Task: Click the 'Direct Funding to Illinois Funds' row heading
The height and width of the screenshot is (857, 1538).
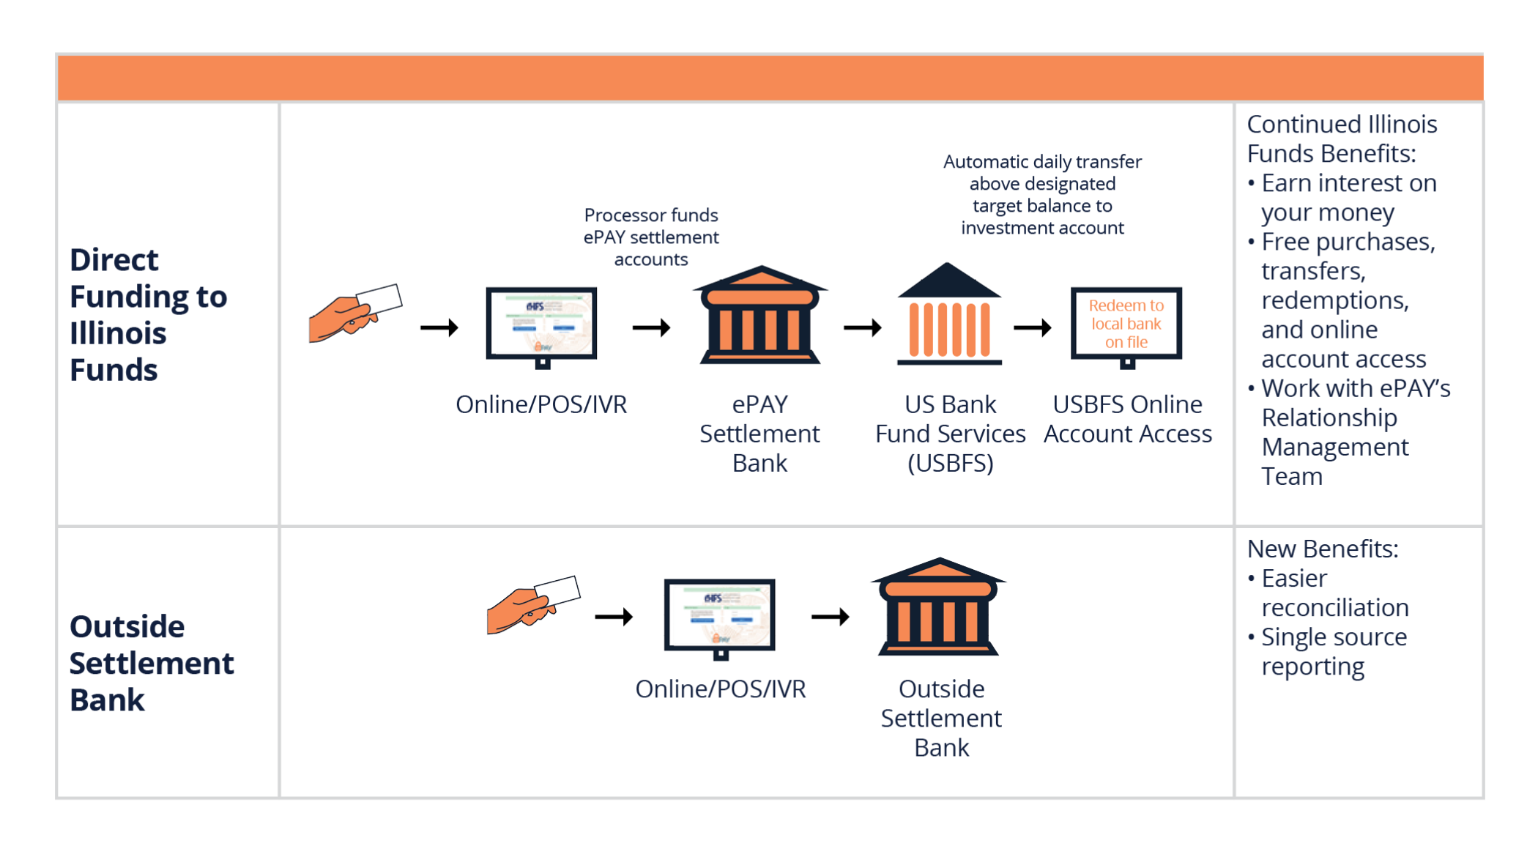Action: tap(149, 314)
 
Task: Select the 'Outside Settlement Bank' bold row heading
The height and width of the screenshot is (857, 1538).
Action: tap(152, 663)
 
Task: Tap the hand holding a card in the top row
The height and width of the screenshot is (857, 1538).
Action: tap(354, 314)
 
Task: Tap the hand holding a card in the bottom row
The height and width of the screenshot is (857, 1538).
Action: tap(532, 605)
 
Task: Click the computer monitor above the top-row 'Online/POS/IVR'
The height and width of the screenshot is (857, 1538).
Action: tap(541, 326)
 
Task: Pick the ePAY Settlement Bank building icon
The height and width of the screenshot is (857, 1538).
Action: tap(759, 316)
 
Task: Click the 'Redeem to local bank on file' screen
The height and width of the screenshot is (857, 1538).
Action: tap(1126, 324)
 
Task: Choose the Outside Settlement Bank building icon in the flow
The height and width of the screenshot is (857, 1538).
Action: tap(939, 608)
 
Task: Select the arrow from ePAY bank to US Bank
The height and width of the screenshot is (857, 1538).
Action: tap(862, 327)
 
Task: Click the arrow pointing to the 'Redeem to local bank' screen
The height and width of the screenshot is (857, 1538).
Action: tap(1032, 327)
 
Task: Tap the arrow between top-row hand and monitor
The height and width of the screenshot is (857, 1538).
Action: tap(439, 327)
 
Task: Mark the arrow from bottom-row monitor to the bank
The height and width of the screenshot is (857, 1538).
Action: tap(830, 617)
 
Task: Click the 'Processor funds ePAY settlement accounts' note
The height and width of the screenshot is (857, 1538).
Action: tap(650, 237)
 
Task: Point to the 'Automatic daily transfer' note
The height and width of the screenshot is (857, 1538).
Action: tap(1042, 194)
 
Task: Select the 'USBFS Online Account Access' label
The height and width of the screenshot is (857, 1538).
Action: tap(1127, 419)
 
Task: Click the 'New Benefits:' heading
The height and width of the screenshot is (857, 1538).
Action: tap(1323, 549)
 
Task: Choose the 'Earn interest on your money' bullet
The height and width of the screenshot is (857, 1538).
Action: tap(1348, 197)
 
